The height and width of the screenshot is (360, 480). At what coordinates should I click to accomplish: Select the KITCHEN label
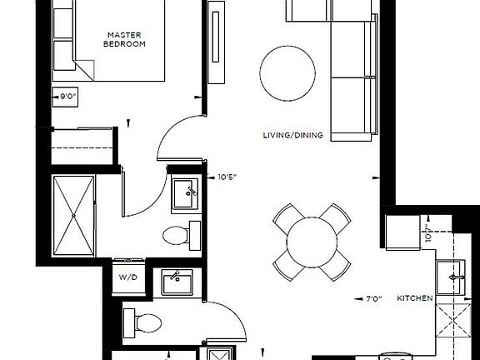tap(414, 297)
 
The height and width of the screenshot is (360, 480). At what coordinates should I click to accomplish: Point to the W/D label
tap(127, 277)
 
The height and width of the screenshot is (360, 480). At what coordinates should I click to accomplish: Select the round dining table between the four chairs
tap(311, 242)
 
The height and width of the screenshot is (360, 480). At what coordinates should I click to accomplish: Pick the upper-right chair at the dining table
tap(337, 217)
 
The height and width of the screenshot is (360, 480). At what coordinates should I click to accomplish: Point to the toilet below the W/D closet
tap(140, 319)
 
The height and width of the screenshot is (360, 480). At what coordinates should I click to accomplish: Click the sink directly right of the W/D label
tap(177, 281)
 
